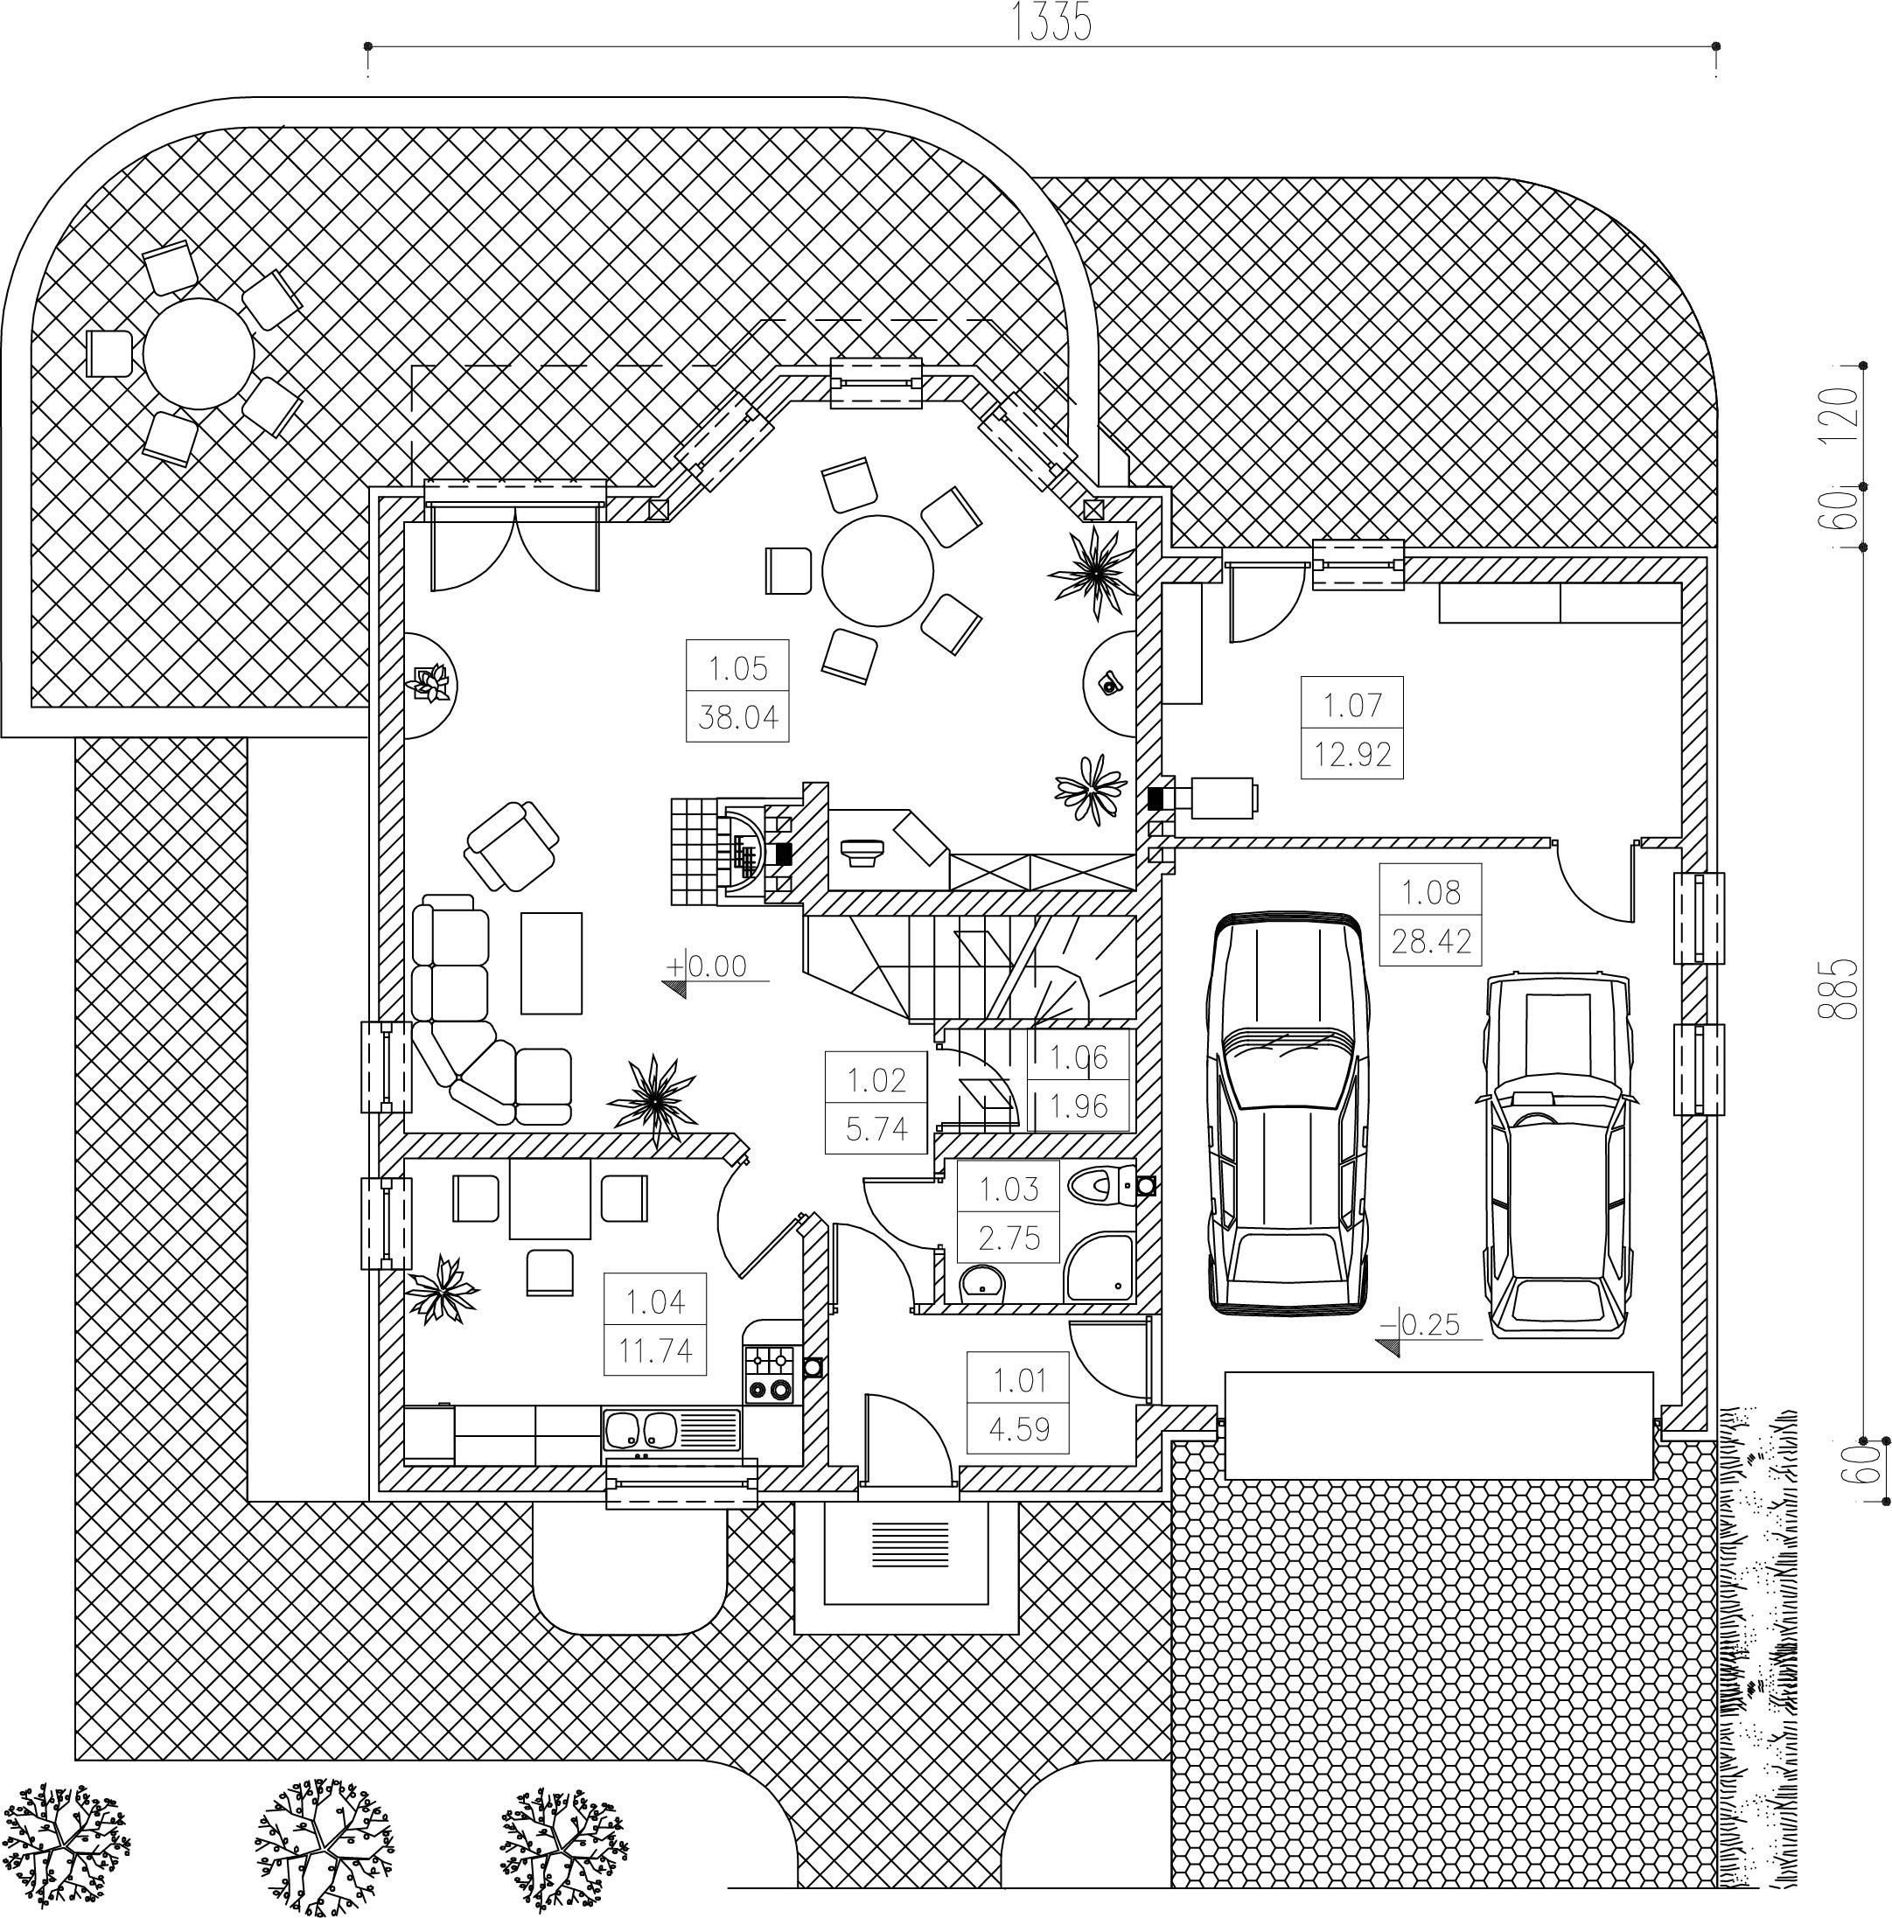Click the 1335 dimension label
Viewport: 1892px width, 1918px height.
pyautogui.click(x=1051, y=22)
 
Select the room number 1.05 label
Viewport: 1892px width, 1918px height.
pyautogui.click(x=737, y=668)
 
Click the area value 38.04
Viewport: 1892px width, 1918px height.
pyautogui.click(x=737, y=715)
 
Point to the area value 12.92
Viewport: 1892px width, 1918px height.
pyautogui.click(x=1352, y=755)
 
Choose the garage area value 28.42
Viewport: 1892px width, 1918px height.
pyautogui.click(x=1430, y=940)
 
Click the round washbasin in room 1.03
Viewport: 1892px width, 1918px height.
pyautogui.click(x=982, y=1283)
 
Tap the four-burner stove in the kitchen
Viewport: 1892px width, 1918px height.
pyautogui.click(x=771, y=1374)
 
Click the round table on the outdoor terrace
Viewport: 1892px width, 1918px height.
pyautogui.click(x=199, y=353)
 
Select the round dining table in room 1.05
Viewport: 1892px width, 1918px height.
pyautogui.click(x=877, y=571)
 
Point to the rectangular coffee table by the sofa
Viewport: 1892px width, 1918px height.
pyautogui.click(x=551, y=963)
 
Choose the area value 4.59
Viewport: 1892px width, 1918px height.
pyautogui.click(x=1019, y=1428)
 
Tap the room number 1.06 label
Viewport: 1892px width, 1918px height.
pyautogui.click(x=1078, y=1057)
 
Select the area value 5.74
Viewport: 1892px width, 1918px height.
pyautogui.click(x=876, y=1129)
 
